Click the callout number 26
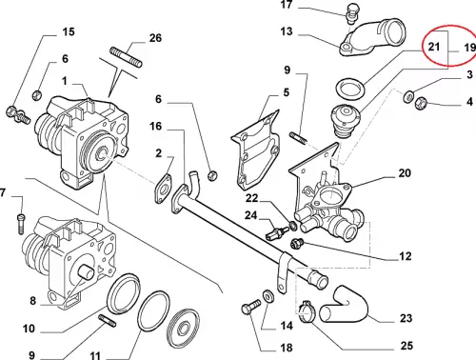point(155,38)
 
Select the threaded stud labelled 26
point(126,57)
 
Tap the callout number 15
point(69,31)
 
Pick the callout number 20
point(405,173)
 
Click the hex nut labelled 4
point(421,103)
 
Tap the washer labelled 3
point(408,96)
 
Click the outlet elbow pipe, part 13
point(372,37)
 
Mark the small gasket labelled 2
point(164,189)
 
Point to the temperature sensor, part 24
point(276,233)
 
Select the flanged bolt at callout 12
point(297,243)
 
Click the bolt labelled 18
point(250,306)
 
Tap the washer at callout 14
point(268,296)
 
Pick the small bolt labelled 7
point(21,225)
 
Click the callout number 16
point(155,127)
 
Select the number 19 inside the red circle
point(470,48)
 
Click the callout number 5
point(287,92)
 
